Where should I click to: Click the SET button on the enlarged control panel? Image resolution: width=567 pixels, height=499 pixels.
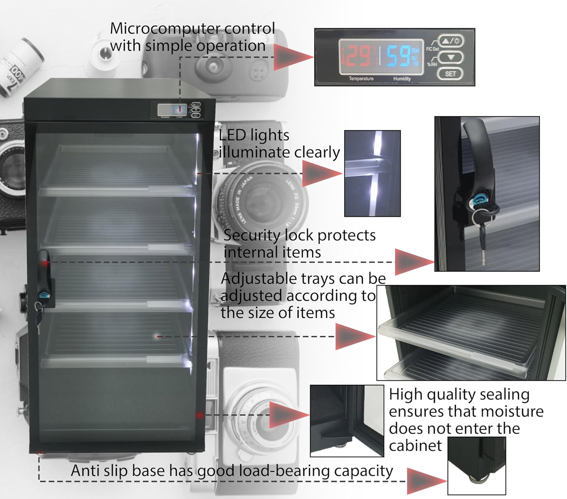tap(450, 74)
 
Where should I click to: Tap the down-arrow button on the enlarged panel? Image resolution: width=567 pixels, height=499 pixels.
tap(450, 57)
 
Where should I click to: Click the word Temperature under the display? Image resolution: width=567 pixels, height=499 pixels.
tap(361, 79)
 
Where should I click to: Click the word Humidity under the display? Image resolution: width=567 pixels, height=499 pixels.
tap(402, 79)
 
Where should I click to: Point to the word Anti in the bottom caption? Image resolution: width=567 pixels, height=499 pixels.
tap(85, 471)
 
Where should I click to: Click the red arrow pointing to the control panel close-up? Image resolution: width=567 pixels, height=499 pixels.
tap(293, 57)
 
